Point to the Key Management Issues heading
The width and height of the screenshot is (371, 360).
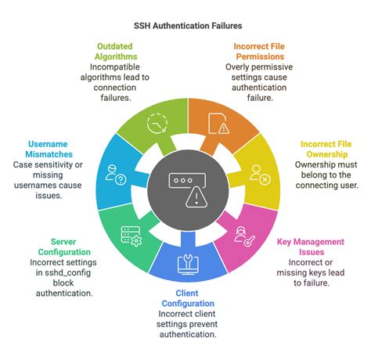click(310, 247)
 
